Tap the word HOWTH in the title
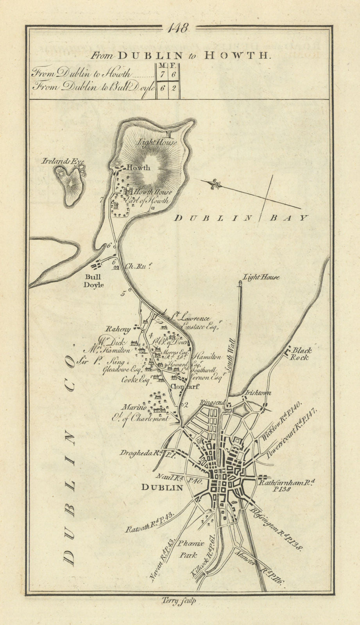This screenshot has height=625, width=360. point(237,55)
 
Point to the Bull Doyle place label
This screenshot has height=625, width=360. point(93,281)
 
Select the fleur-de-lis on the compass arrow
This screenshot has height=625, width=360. point(215,184)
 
